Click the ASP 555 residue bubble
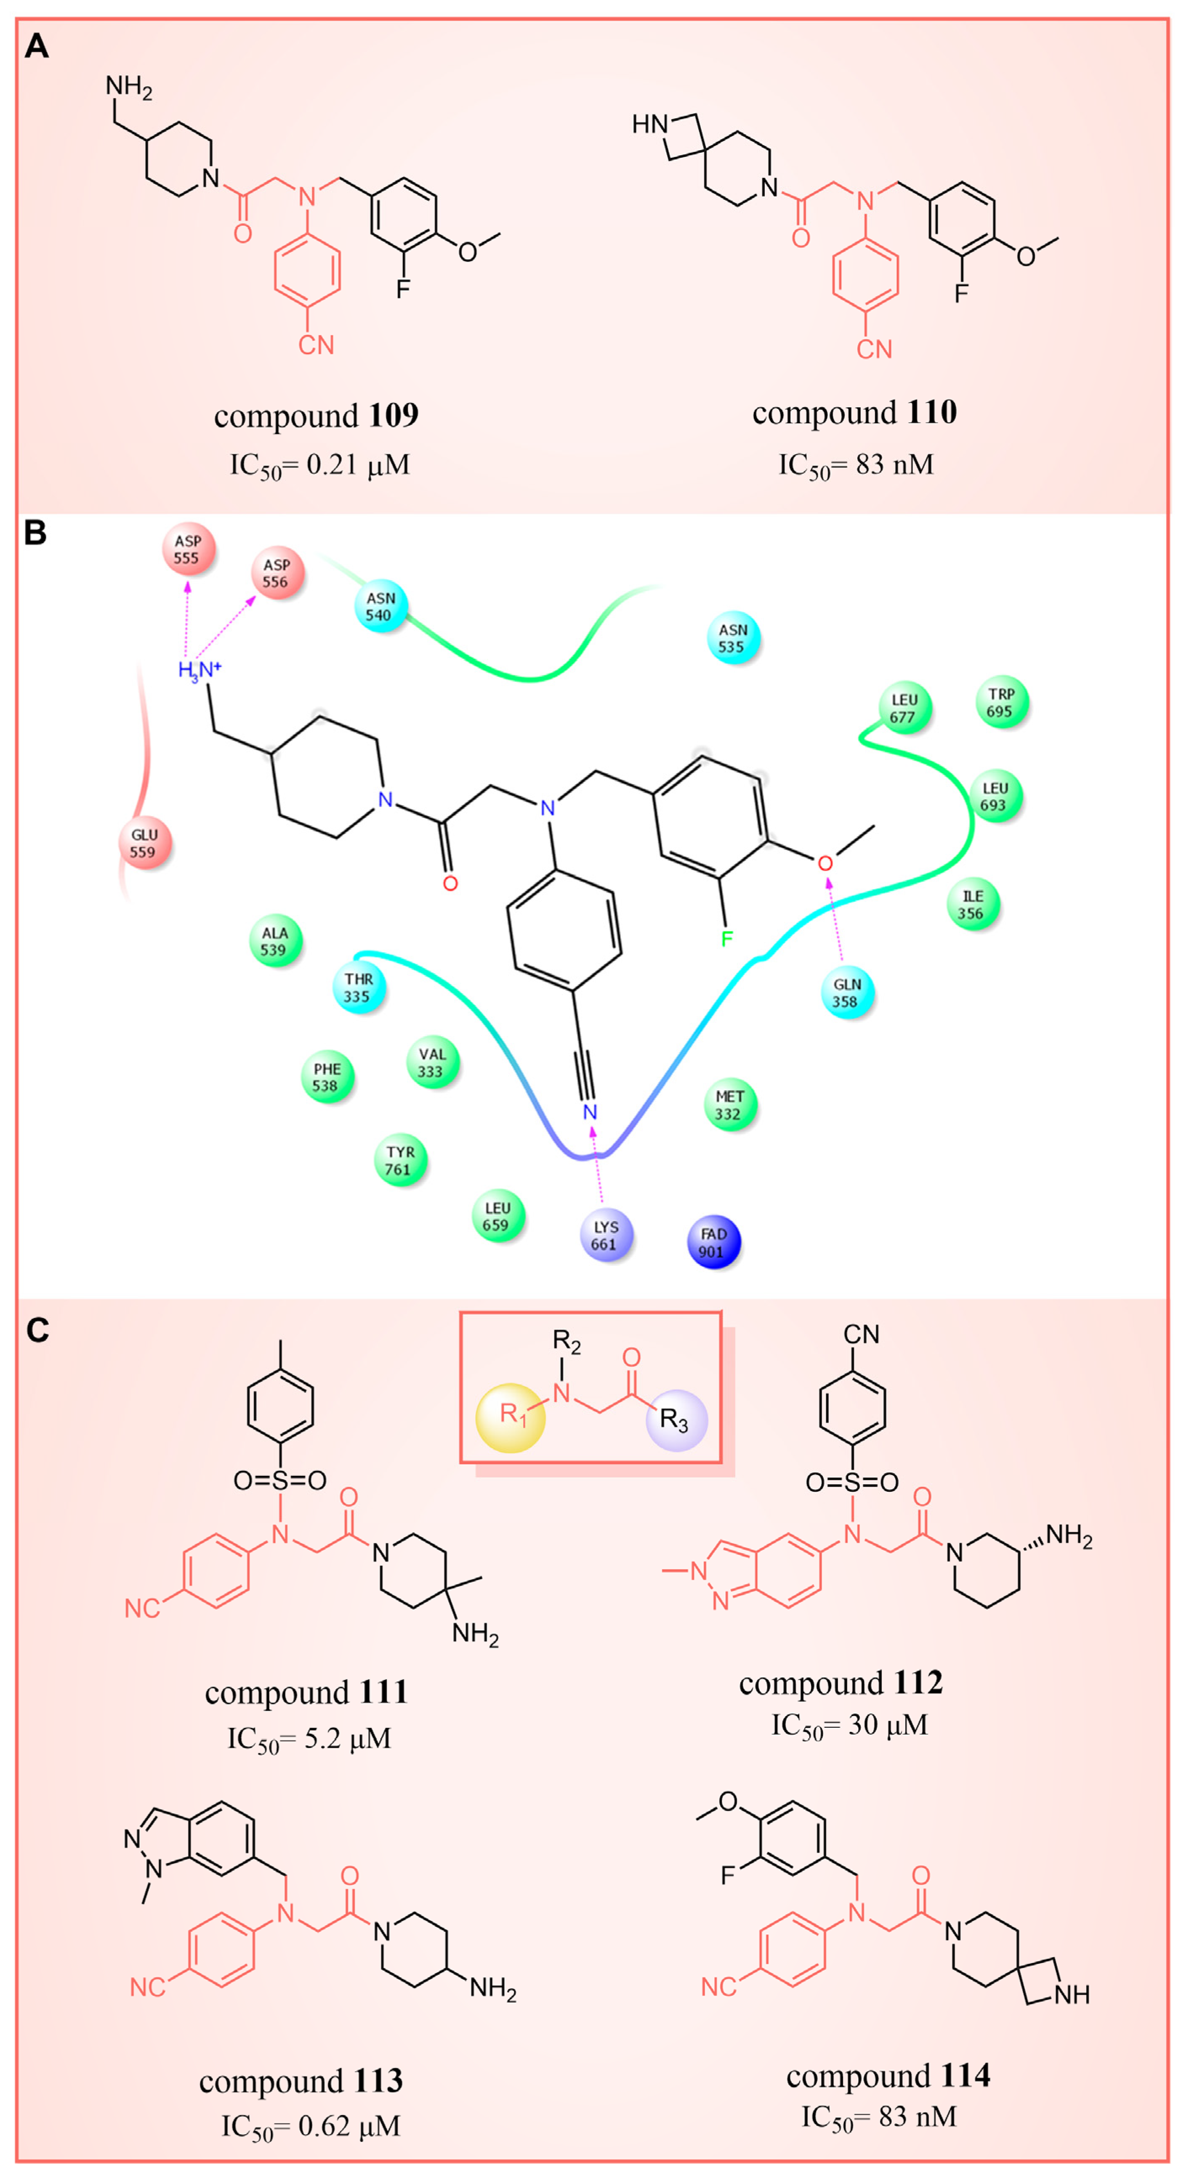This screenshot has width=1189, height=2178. click(188, 549)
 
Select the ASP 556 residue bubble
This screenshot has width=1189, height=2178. click(277, 573)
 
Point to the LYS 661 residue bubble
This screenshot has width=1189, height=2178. click(606, 1235)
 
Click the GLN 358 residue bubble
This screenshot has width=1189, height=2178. click(846, 992)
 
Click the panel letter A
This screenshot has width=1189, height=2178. click(36, 46)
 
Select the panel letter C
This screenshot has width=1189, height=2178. click(37, 1330)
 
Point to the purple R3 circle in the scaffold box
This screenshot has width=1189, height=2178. click(676, 1419)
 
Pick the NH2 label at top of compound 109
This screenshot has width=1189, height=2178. click(128, 86)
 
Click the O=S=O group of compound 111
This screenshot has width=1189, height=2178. click(280, 1480)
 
